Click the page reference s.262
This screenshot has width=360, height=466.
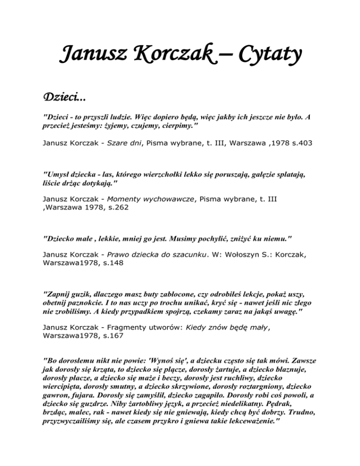(117, 207)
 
